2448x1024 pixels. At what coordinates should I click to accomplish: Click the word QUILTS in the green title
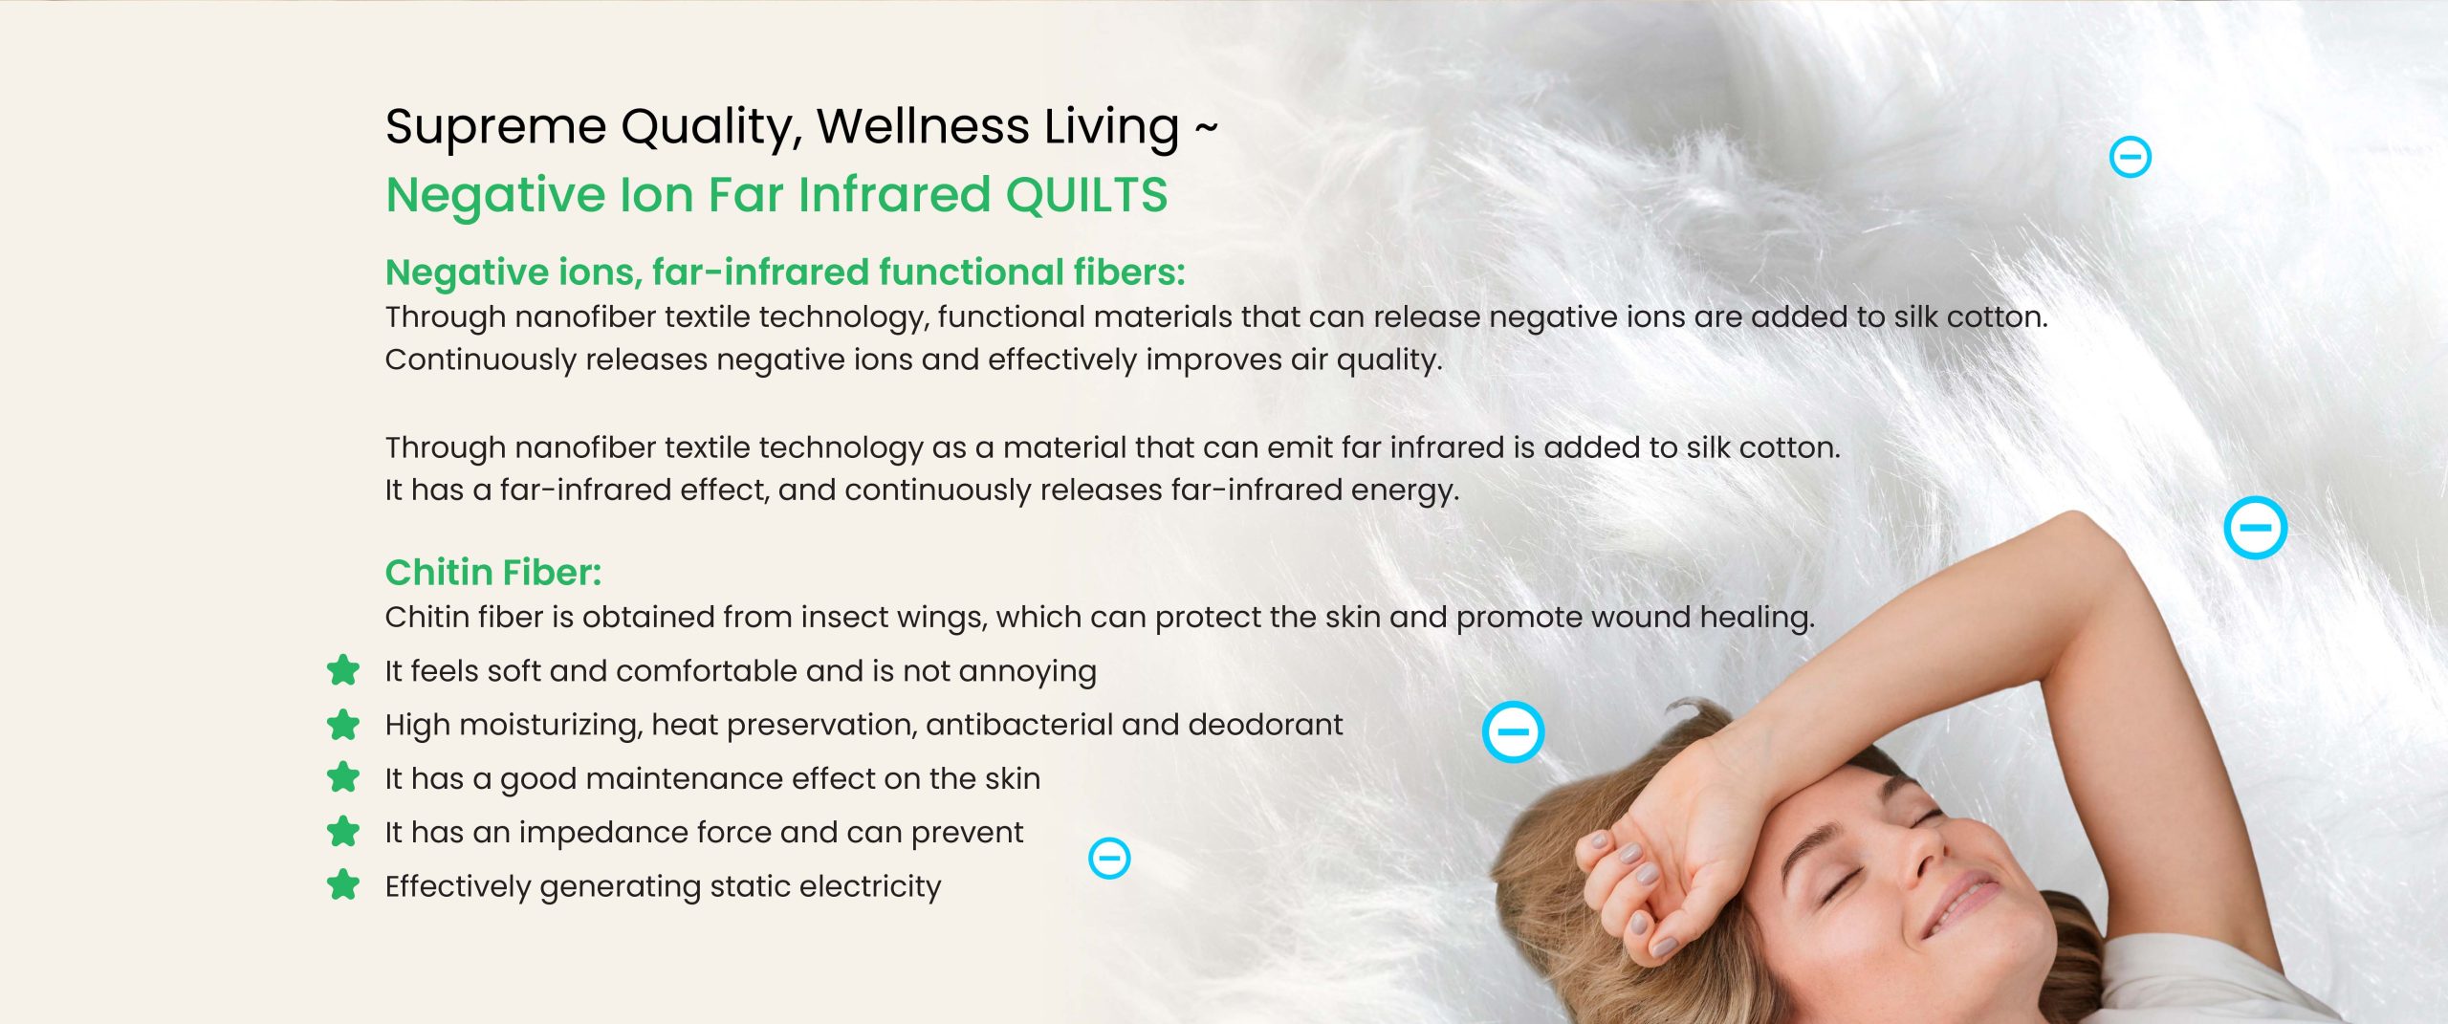(x=1086, y=195)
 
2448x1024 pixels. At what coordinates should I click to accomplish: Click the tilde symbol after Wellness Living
(x=1206, y=128)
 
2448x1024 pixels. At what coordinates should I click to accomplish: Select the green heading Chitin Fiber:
(x=493, y=572)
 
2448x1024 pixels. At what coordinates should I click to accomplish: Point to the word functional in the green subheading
(x=968, y=272)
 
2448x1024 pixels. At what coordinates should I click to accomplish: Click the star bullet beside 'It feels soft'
(x=343, y=670)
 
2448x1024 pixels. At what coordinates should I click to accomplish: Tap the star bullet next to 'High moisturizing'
(x=343, y=725)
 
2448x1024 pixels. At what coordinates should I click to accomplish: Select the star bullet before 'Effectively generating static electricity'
(x=343, y=885)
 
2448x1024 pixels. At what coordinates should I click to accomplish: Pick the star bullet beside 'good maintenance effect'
(x=343, y=777)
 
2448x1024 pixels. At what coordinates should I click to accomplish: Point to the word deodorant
(x=1265, y=725)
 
